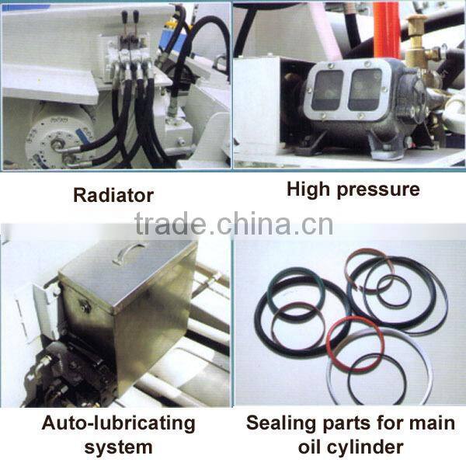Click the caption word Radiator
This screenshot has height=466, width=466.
pyautogui.click(x=113, y=195)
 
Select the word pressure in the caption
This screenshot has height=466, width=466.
pyautogui.click(x=378, y=190)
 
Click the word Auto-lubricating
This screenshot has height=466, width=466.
pyautogui.click(x=118, y=424)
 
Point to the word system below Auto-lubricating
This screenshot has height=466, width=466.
pyautogui.click(x=118, y=447)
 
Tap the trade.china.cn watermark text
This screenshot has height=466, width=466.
pyautogui.click(x=234, y=224)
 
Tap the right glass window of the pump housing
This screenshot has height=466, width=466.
pyautogui.click(x=365, y=89)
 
